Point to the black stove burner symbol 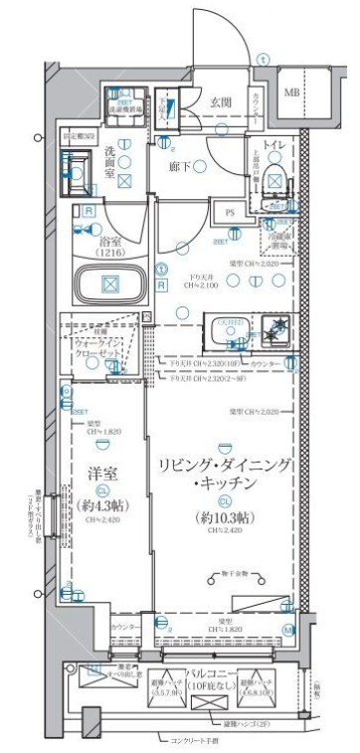click(280, 327)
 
